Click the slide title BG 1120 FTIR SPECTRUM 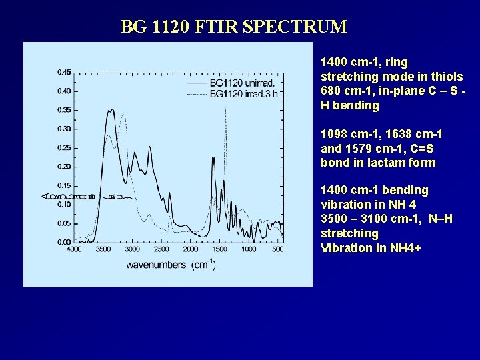coord(234,27)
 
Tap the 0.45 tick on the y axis coord(65,72)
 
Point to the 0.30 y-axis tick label coord(65,129)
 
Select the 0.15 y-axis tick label coord(65,185)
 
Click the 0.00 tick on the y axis coord(65,242)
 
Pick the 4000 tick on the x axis coord(74,249)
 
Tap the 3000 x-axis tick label coord(132,249)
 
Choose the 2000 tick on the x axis coord(191,249)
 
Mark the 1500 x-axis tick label coord(219,249)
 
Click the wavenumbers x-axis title coord(171,265)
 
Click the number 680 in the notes coord(331,91)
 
